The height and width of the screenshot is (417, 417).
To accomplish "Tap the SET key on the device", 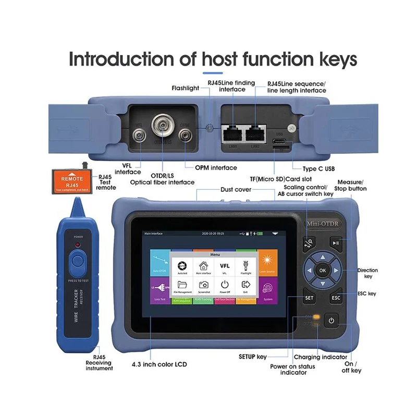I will click(309, 298).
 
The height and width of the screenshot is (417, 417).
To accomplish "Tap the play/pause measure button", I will click(336, 242).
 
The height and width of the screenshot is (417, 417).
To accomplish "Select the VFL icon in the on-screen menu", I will click(225, 266).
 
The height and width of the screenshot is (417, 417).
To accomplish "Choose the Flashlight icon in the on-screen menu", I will click(246, 266).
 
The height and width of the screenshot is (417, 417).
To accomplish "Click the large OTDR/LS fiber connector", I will click(162, 125).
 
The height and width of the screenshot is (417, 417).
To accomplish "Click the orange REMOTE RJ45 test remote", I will click(72, 180).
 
